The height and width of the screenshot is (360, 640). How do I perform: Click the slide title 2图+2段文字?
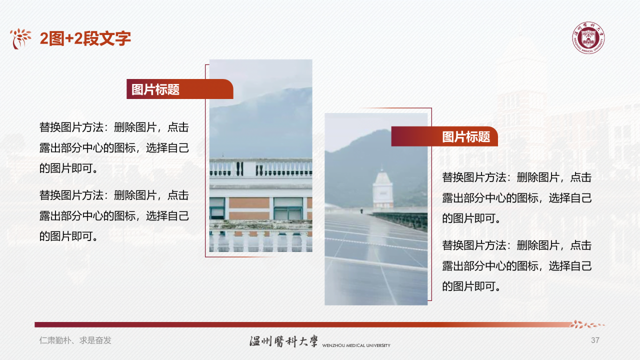click(x=85, y=38)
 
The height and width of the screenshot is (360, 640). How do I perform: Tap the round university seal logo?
click(x=588, y=38)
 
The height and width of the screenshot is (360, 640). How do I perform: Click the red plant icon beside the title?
click(x=20, y=38)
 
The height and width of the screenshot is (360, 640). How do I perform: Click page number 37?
click(x=595, y=340)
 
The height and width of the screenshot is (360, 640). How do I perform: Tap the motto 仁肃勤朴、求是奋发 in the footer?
click(x=75, y=340)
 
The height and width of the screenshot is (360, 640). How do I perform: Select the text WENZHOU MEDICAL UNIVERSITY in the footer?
click(x=356, y=345)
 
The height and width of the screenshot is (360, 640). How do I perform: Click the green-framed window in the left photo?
click(x=288, y=208)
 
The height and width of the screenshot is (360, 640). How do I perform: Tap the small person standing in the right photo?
click(x=361, y=211)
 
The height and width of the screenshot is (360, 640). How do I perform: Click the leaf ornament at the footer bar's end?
click(x=587, y=324)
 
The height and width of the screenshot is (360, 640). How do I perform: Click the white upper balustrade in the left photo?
click(x=260, y=168)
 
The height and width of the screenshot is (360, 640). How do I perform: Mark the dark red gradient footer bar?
click(x=300, y=324)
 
